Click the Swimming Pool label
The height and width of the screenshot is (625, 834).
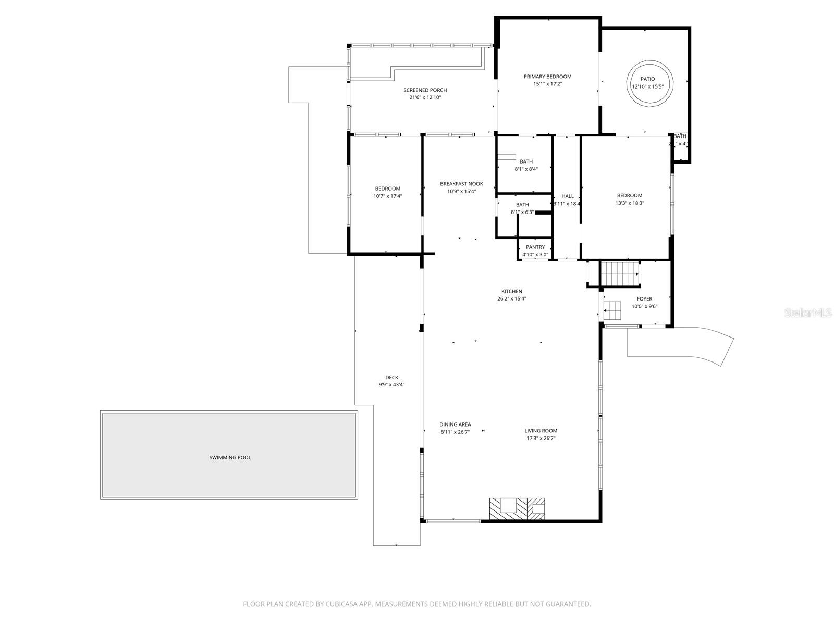click(230, 457)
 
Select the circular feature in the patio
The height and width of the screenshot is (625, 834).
click(649, 83)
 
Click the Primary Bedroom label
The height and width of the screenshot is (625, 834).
click(547, 77)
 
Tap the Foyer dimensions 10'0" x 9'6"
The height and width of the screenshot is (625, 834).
click(644, 306)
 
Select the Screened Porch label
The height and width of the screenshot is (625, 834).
click(425, 90)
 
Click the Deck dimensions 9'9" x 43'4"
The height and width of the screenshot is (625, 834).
click(391, 385)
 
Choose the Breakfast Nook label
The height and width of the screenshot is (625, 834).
click(461, 184)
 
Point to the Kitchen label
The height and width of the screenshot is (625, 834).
click(511, 291)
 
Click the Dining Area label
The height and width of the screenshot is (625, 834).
click(455, 424)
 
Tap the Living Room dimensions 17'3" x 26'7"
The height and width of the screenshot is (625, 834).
click(541, 439)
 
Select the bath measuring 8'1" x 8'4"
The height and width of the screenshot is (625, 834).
click(525, 165)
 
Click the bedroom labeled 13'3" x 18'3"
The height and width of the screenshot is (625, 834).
click(629, 199)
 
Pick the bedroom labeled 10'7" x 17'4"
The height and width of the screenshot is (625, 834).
click(387, 192)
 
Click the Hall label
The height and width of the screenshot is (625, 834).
click(567, 196)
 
